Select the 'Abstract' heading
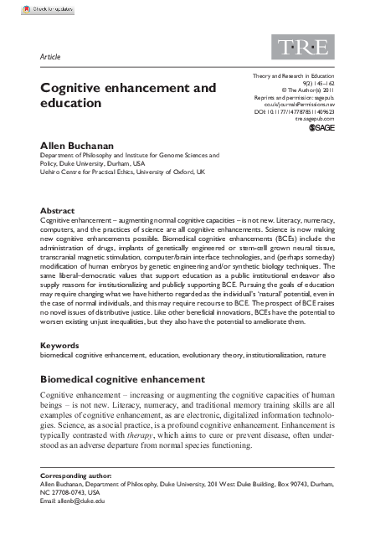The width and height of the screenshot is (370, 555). (58, 210)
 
